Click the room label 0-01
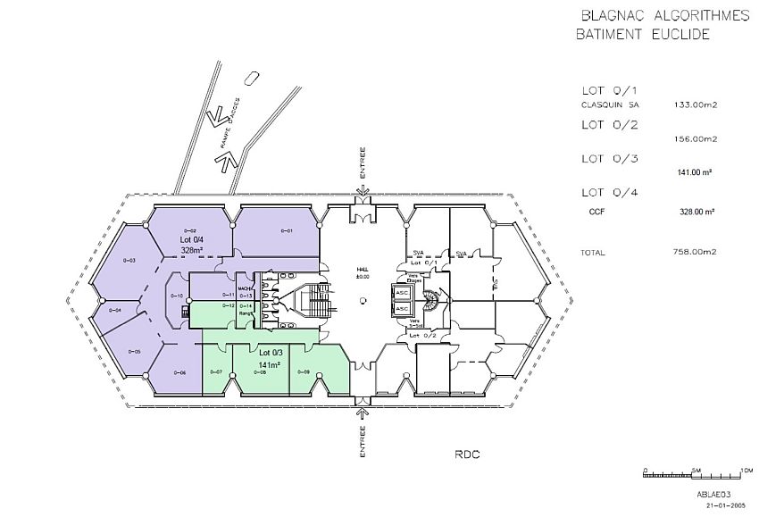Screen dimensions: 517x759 pos(287,231)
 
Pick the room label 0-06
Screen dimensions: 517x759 pos(179,371)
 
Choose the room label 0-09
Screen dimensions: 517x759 pos(304,371)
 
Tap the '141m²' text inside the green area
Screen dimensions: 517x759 pos(271,364)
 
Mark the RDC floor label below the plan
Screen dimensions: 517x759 pos(466,454)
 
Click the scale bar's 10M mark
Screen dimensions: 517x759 pos(746,469)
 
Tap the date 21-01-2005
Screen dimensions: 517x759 pos(724,505)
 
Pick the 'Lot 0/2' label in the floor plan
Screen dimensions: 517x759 pos(422,336)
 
